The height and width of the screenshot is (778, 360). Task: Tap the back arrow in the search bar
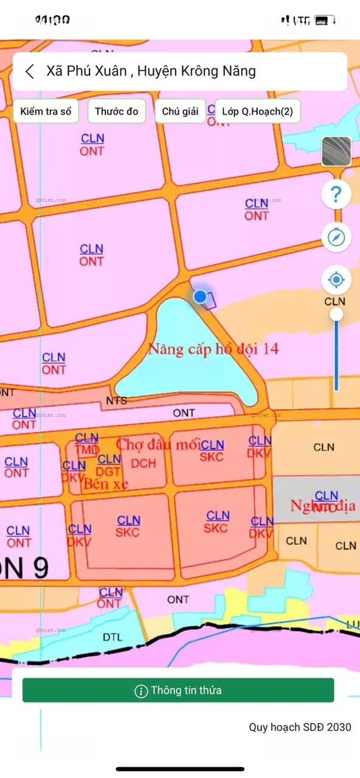pyautogui.click(x=30, y=71)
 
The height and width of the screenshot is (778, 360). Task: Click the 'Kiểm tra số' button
pyautogui.click(x=45, y=112)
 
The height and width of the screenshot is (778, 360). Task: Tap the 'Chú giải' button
pyautogui.click(x=180, y=112)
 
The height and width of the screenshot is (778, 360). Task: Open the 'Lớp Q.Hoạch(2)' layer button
pyautogui.click(x=257, y=112)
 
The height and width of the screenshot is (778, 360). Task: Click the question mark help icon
pyautogui.click(x=336, y=194)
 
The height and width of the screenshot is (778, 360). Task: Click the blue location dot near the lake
pyautogui.click(x=200, y=296)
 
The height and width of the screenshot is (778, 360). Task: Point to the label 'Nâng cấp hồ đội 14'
pyautogui.click(x=213, y=349)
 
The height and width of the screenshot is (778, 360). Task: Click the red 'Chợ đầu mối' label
pyautogui.click(x=157, y=444)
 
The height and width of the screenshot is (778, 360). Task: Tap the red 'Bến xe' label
pyautogui.click(x=106, y=484)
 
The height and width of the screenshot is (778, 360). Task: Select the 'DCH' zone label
pyautogui.click(x=144, y=463)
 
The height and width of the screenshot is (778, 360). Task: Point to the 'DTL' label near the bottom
pyautogui.click(x=112, y=637)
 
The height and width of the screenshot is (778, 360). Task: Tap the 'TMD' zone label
pyautogui.click(x=87, y=450)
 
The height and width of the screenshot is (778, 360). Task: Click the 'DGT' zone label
pyautogui.click(x=109, y=471)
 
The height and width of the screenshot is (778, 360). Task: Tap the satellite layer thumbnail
pyautogui.click(x=336, y=151)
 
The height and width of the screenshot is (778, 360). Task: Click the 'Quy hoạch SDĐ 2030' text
pyautogui.click(x=300, y=727)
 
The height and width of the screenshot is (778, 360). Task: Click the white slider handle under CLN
pyautogui.click(x=336, y=315)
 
